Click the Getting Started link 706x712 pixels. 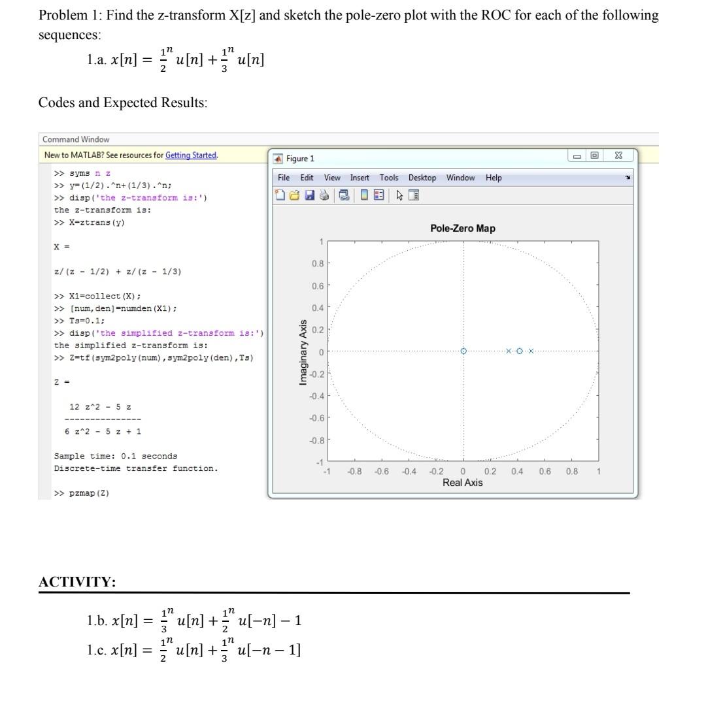pyautogui.click(x=191, y=155)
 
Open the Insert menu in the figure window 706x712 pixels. pyautogui.click(x=360, y=178)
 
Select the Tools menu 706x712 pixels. pyautogui.click(x=389, y=178)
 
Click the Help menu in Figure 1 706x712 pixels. pyautogui.click(x=494, y=178)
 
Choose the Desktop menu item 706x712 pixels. pyautogui.click(x=422, y=178)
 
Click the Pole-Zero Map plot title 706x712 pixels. pyautogui.click(x=462, y=228)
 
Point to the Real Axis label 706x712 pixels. pyautogui.click(x=462, y=483)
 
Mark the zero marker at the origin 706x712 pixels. pyautogui.click(x=463, y=351)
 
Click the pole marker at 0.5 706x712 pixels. pyautogui.click(x=531, y=351)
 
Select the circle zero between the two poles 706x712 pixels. pyautogui.click(x=519, y=351)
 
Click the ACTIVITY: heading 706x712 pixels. pyautogui.click(x=77, y=581)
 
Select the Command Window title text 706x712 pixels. pyautogui.click(x=76, y=139)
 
